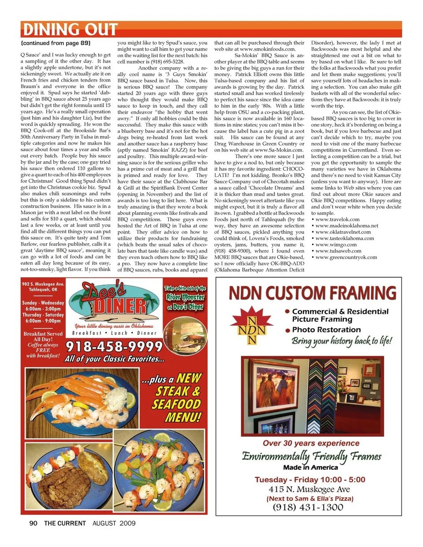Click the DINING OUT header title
(x=70, y=30)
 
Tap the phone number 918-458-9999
(x=114, y=346)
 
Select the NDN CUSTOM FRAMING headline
(x=313, y=293)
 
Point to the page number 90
(x=33, y=523)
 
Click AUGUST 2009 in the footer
(x=114, y=523)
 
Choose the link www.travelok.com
(x=338, y=219)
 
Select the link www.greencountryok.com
(x=346, y=257)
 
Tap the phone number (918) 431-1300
(x=308, y=507)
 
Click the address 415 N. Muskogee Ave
(x=309, y=489)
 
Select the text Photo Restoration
(x=326, y=330)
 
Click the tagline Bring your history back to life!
(x=341, y=341)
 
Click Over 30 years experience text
(x=311, y=443)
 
